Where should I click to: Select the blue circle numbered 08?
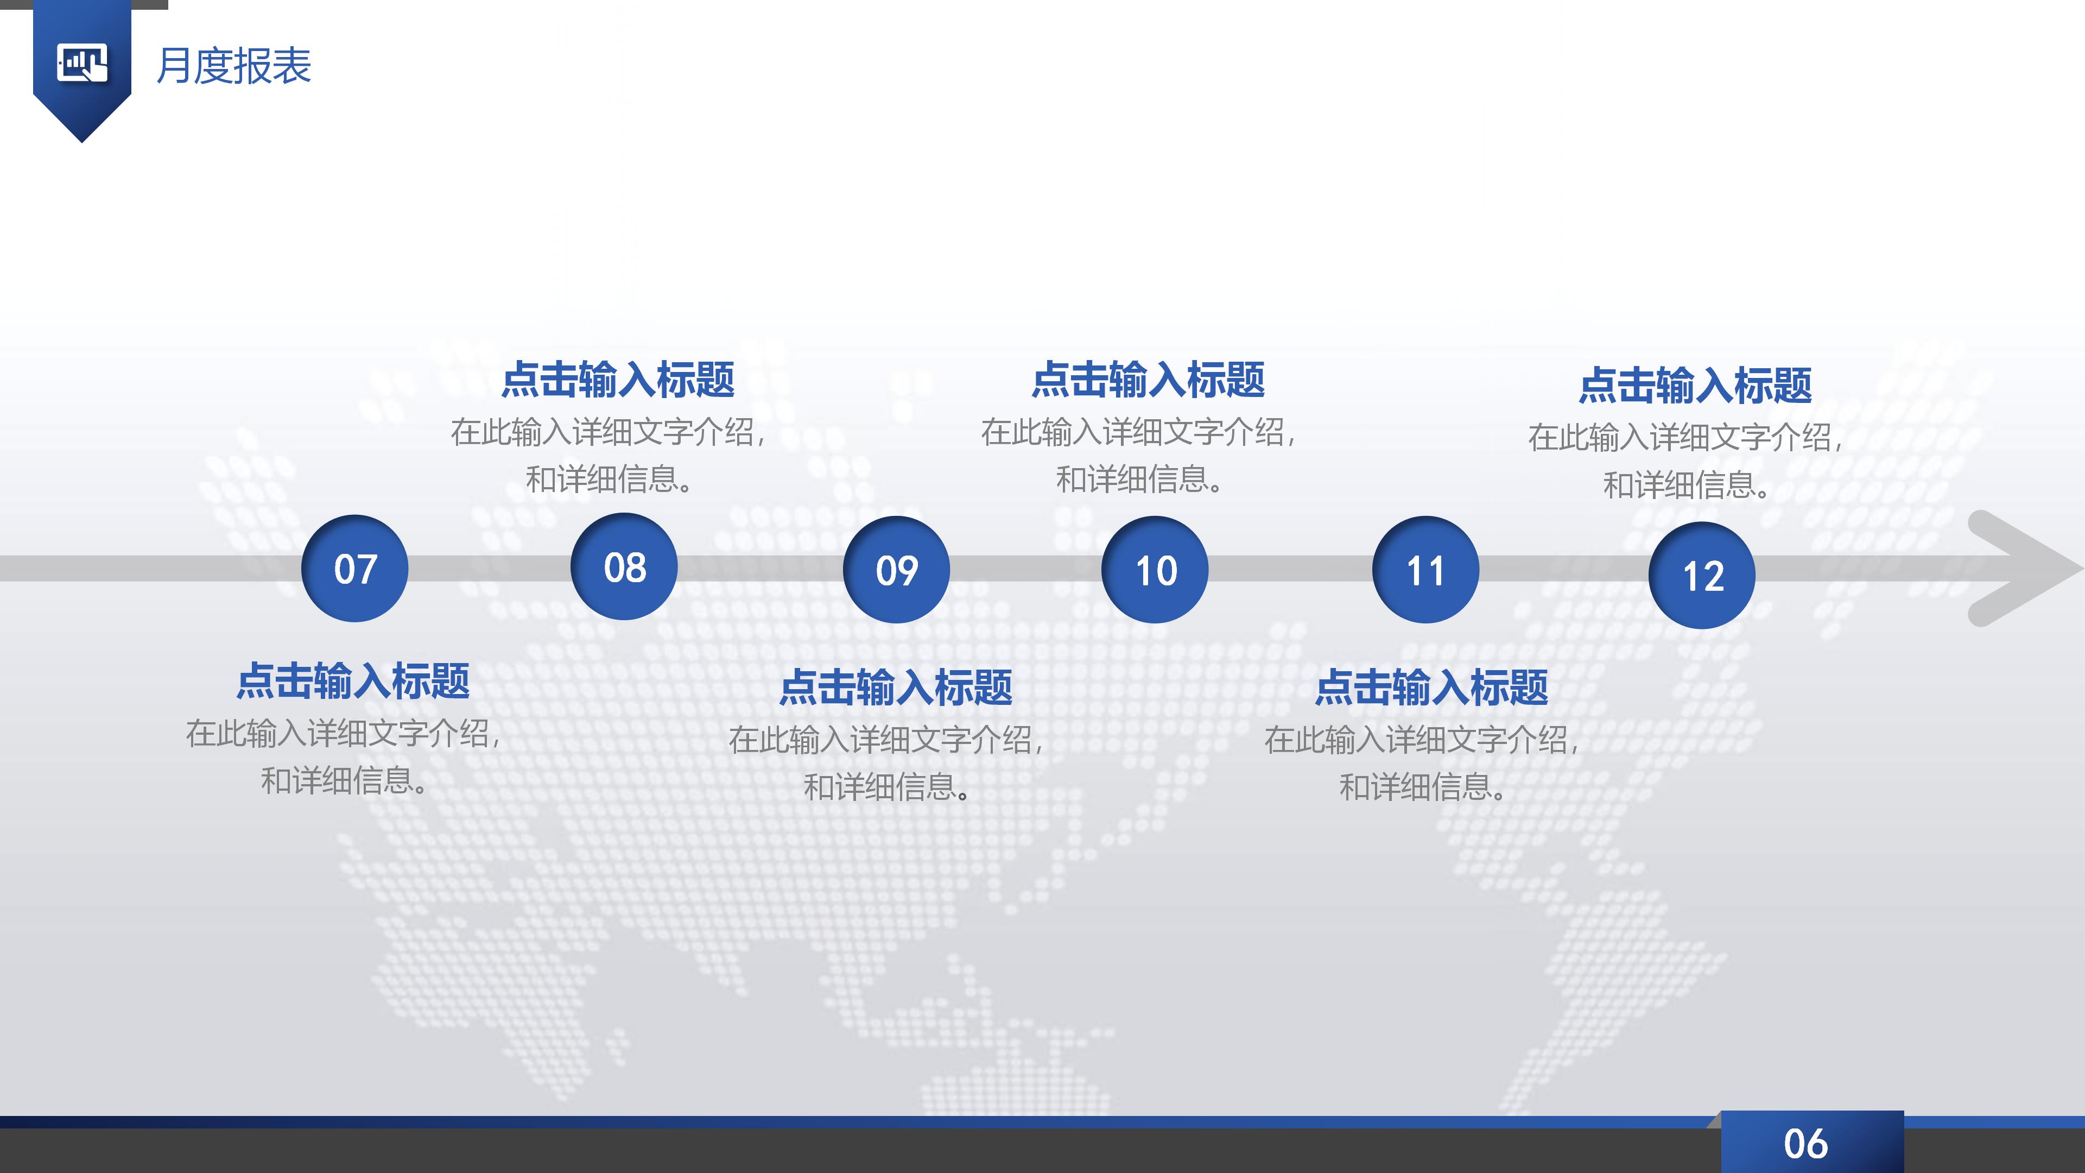point(624,566)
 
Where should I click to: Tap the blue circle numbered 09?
point(896,569)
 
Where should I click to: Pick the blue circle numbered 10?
point(1155,569)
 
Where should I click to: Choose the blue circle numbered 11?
point(1425,569)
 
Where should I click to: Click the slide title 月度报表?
point(234,66)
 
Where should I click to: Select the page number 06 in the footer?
point(1806,1144)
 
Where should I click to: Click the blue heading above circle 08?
point(618,380)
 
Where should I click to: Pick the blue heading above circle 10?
point(1148,380)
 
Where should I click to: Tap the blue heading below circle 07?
point(353,681)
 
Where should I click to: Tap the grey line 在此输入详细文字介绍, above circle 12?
point(1685,438)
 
